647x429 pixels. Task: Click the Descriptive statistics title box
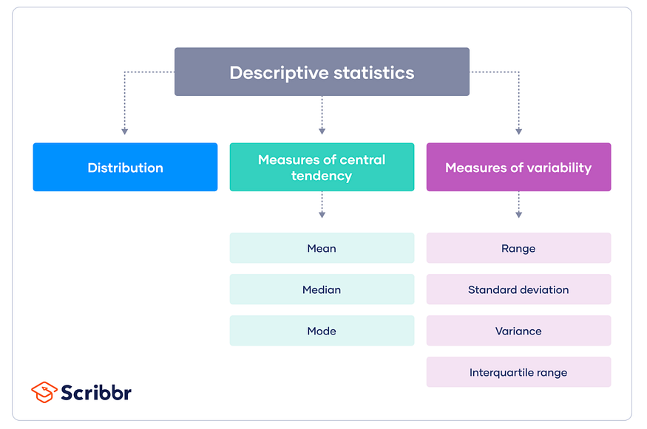click(x=322, y=72)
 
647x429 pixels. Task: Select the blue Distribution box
click(x=125, y=167)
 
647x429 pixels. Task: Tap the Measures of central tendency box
click(x=322, y=167)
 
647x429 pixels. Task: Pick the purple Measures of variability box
click(x=518, y=167)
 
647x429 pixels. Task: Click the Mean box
click(x=322, y=248)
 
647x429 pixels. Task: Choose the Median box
click(x=322, y=289)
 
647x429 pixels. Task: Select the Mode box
click(x=322, y=331)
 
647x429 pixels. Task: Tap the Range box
click(x=518, y=248)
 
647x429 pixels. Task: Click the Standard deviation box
click(x=518, y=289)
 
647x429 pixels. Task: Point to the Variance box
click(x=518, y=331)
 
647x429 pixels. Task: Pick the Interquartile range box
click(x=518, y=371)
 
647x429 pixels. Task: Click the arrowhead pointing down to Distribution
click(x=125, y=131)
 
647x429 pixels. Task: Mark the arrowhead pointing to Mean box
click(x=322, y=215)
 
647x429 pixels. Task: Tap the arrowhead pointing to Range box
click(x=518, y=215)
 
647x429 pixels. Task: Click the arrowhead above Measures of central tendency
click(x=322, y=131)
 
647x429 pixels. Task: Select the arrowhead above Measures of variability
click(x=518, y=131)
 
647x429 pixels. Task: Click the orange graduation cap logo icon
click(x=44, y=392)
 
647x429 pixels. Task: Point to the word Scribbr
click(x=96, y=392)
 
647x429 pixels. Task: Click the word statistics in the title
click(x=374, y=72)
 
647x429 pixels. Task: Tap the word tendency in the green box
click(x=322, y=176)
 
